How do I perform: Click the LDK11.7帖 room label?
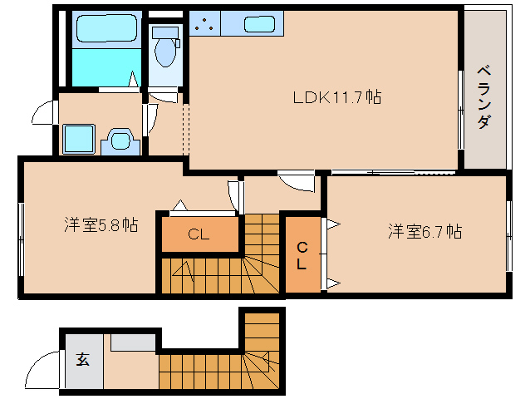336,97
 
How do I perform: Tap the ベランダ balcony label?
483,96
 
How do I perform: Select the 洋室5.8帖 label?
101,224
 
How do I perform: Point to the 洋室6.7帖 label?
424,232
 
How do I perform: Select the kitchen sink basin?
259,25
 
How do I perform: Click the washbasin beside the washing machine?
120,141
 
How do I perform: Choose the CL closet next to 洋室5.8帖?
198,234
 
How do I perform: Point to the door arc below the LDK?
295,180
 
